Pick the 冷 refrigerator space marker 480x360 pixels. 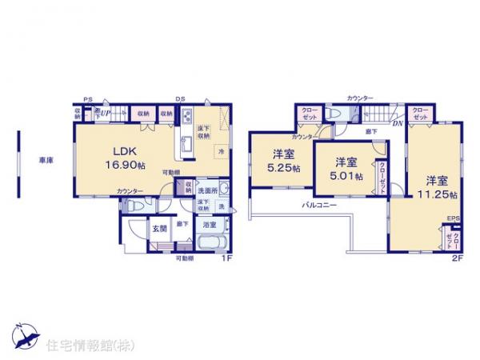click(x=220, y=150)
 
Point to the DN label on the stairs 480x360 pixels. click(x=397, y=122)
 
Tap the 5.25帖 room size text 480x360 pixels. click(x=284, y=169)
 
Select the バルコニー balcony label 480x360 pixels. click(x=319, y=206)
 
